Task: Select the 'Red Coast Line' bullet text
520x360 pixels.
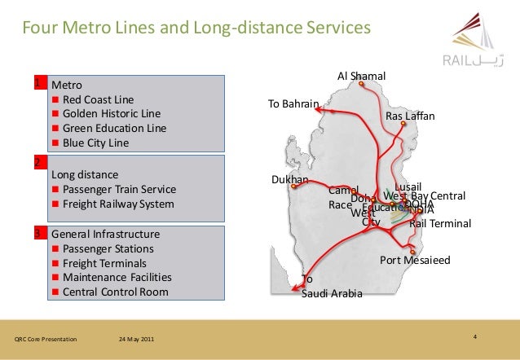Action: point(101,99)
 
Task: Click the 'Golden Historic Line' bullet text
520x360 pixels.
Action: point(112,113)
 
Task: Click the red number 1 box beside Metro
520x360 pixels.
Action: point(38,82)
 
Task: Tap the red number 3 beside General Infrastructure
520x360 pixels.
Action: point(38,233)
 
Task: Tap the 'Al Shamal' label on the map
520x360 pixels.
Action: point(361,77)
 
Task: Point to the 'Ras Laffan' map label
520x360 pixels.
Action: point(410,116)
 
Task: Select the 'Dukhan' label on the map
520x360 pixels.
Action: point(289,179)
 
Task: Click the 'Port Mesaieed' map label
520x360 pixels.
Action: point(415,260)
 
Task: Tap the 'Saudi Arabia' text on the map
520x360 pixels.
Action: point(332,293)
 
